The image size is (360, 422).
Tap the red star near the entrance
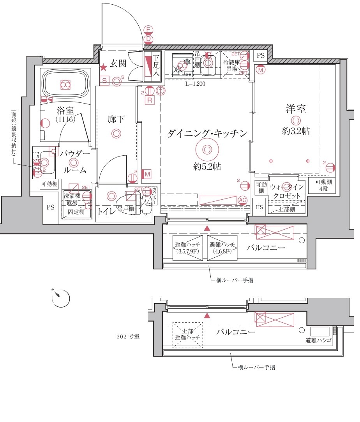tap(103, 68)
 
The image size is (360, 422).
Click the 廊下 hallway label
tap(116, 120)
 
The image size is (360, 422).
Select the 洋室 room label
tap(296, 109)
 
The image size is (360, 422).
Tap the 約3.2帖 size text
tap(296, 131)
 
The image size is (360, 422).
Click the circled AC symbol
tap(242, 200)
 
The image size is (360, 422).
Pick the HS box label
tap(259, 207)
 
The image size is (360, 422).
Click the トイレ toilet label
tap(106, 211)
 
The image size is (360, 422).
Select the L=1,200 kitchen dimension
tap(195, 83)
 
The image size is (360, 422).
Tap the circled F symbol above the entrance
tap(148, 30)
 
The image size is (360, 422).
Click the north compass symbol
tap(61, 298)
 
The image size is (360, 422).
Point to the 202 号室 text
tap(128, 336)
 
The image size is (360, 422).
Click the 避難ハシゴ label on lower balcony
tap(318, 341)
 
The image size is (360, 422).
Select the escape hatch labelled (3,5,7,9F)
tap(188, 248)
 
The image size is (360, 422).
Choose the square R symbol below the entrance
tap(149, 100)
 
